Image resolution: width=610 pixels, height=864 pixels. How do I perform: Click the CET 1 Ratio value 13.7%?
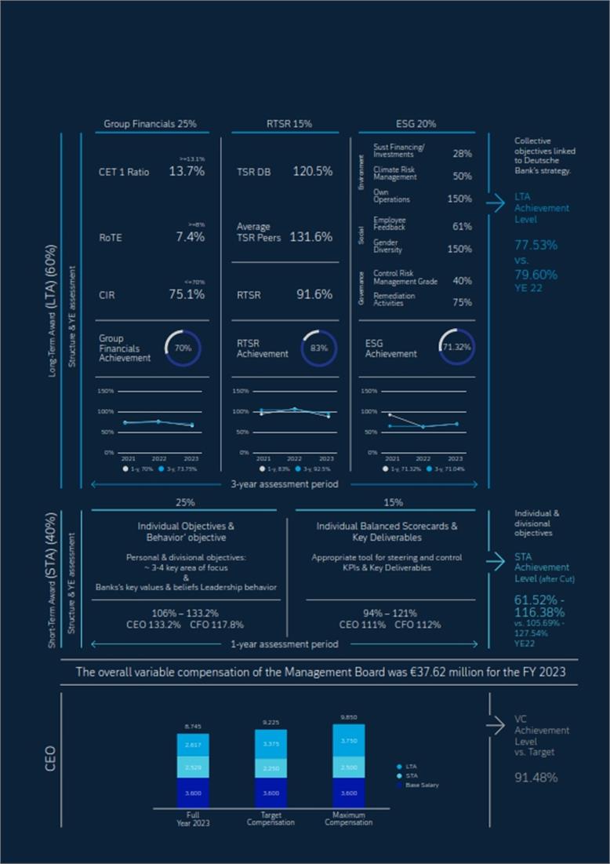click(x=187, y=171)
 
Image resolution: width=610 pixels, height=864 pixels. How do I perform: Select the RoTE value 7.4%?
click(x=190, y=236)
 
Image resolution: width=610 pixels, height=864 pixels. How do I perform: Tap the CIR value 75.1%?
click(x=187, y=294)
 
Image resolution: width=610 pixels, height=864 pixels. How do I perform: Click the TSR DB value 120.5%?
click(x=312, y=171)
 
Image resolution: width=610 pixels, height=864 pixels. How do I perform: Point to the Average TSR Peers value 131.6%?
click(x=311, y=236)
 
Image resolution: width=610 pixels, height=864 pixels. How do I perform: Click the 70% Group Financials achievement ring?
click(x=183, y=347)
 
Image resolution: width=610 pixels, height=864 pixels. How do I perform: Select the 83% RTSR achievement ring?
click(x=320, y=347)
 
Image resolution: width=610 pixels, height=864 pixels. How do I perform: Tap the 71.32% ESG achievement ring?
click(x=456, y=347)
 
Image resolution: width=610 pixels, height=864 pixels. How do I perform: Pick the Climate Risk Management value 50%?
click(x=462, y=177)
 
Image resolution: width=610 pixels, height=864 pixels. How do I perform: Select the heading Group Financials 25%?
click(x=150, y=124)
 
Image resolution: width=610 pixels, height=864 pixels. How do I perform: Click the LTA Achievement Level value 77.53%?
click(x=536, y=245)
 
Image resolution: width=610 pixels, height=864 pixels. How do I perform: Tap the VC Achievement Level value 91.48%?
click(x=536, y=778)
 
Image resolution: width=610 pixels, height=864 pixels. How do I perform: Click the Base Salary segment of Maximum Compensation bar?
click(x=348, y=793)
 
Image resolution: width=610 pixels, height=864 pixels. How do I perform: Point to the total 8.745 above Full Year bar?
click(x=192, y=727)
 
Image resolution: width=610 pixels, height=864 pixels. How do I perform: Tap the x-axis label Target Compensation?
click(x=271, y=819)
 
